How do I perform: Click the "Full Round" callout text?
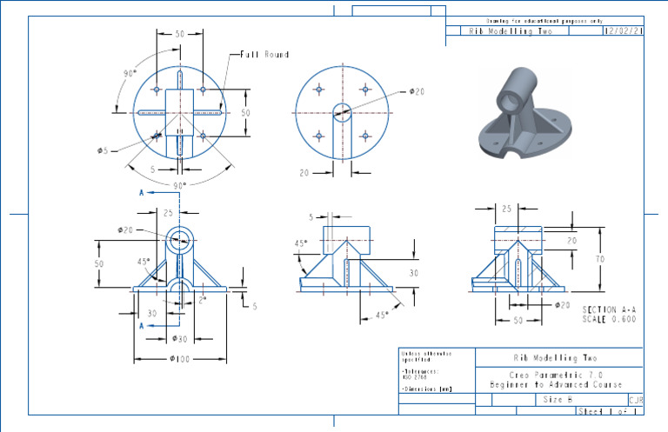click(x=264, y=55)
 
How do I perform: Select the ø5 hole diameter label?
click(x=103, y=150)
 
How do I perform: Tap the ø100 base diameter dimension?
click(x=179, y=358)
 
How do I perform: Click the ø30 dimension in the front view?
click(x=179, y=338)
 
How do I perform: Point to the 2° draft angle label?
click(x=203, y=299)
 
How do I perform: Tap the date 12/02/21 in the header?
click(x=623, y=30)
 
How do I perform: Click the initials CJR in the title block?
click(x=635, y=400)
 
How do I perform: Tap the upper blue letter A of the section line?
click(x=141, y=193)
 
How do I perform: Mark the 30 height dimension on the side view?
click(x=414, y=272)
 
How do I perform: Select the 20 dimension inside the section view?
click(x=571, y=240)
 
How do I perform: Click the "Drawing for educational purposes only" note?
click(x=544, y=20)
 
